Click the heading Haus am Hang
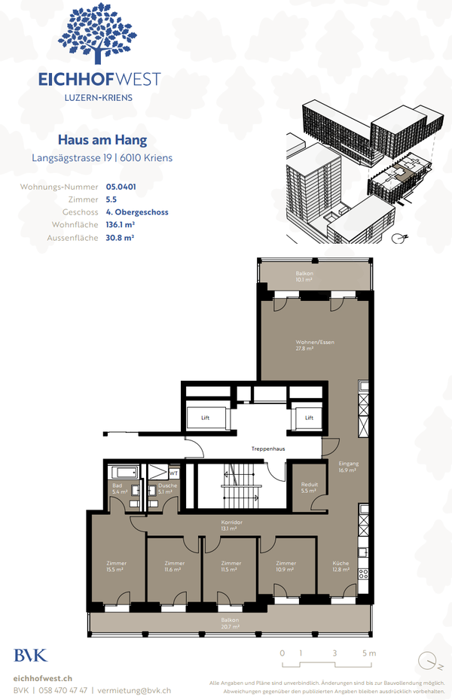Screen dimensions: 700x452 pos(102,140)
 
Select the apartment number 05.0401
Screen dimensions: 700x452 pos(121,186)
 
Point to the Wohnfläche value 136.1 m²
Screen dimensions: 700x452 pos(121,224)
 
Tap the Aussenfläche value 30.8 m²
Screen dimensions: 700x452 pos(120,237)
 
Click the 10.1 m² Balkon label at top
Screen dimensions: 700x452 pos(304,276)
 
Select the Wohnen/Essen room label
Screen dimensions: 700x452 pos(315,345)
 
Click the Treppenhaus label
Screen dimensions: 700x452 pos(267,449)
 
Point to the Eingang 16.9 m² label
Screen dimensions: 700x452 pos(349,467)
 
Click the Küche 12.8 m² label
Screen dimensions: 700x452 pos(341,566)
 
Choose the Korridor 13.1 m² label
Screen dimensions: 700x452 pos(231,525)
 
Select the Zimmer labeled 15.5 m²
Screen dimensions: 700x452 pos(116,566)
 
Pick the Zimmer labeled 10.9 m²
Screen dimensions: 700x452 pos(286,566)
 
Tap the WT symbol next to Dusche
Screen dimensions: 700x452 pos(174,473)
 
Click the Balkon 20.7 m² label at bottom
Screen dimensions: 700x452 pos(230,623)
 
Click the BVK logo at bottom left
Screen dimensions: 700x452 pos(30,655)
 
